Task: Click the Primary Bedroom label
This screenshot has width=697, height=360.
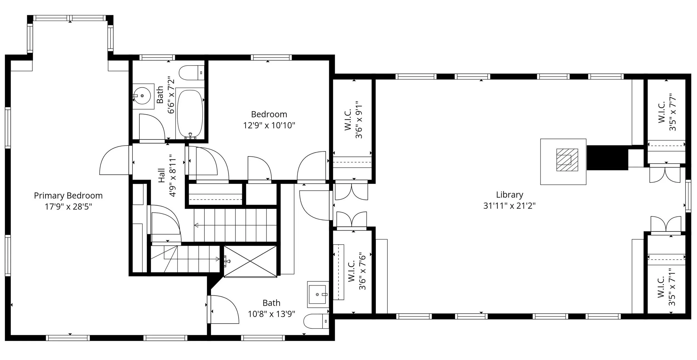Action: [68, 195]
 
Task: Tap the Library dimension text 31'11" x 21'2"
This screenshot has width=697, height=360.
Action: [509, 206]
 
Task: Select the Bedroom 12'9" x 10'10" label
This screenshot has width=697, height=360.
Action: [269, 120]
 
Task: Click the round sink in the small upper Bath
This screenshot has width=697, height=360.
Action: [142, 96]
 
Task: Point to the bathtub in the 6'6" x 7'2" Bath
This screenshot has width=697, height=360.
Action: [190, 113]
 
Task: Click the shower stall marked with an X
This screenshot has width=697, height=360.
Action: [250, 261]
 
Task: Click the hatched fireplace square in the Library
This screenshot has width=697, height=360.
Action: [567, 160]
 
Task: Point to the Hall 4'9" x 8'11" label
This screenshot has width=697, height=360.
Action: [167, 176]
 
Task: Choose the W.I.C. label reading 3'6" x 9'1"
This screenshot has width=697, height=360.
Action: [353, 120]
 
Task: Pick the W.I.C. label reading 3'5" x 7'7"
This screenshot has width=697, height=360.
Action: [667, 112]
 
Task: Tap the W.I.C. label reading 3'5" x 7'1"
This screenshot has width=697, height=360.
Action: [666, 287]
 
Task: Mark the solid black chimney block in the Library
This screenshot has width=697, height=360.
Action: [607, 158]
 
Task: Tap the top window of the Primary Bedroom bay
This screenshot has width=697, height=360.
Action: [70, 18]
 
